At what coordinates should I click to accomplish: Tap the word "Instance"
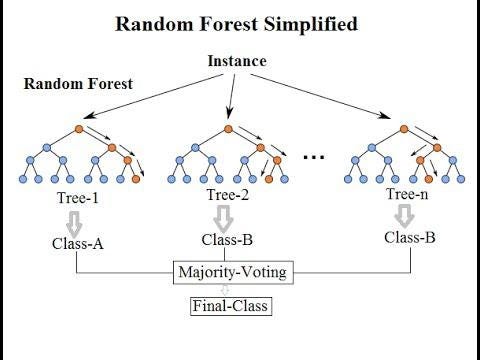[237, 61]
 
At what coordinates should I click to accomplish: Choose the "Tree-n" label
[409, 193]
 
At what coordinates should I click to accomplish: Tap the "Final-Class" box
[230, 304]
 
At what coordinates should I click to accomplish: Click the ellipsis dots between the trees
[314, 157]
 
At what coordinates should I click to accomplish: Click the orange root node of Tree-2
[229, 128]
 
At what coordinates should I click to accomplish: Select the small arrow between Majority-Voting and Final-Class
[230, 288]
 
